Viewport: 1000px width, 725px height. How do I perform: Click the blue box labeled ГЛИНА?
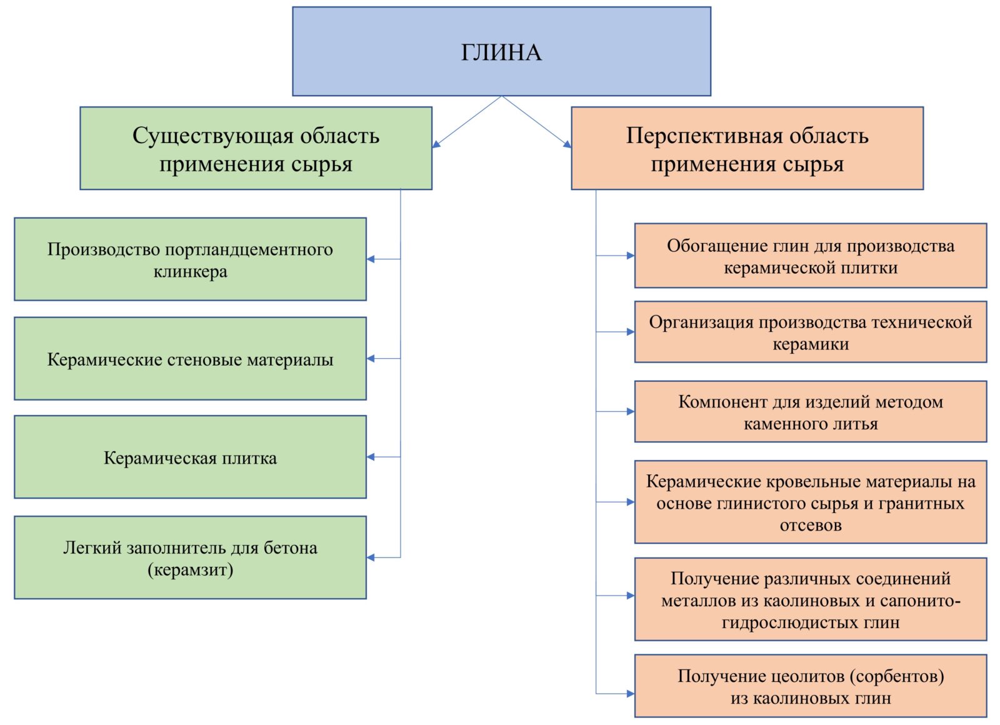click(501, 51)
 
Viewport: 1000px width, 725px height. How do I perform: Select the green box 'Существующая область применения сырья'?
click(256, 148)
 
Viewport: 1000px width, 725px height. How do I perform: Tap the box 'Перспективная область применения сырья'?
click(747, 148)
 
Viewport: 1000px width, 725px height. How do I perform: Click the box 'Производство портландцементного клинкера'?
click(190, 259)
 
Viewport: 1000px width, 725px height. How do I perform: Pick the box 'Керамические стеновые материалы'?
click(190, 359)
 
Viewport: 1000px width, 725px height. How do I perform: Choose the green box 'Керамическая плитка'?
click(190, 457)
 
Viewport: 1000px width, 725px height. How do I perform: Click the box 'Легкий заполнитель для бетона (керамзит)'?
click(190, 557)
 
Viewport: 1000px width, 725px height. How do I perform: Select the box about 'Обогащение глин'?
click(811, 256)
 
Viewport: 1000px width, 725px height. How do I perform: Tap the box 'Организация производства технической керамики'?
click(811, 332)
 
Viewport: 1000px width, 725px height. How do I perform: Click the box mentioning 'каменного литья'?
click(811, 412)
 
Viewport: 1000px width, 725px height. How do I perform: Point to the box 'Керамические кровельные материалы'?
click(811, 502)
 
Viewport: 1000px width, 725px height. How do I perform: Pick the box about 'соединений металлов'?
click(811, 599)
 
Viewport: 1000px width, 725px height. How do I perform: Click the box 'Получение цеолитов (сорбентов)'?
click(811, 686)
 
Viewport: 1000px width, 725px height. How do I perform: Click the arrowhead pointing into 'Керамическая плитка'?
click(371, 457)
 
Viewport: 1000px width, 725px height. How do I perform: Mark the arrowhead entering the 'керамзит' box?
click(371, 557)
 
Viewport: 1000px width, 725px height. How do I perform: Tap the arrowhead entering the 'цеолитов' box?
click(631, 694)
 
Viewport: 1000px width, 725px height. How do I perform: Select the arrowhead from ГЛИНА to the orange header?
click(567, 144)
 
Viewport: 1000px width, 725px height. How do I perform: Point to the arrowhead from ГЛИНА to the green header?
click(436, 144)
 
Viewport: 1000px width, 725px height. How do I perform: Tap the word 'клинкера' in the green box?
click(190, 271)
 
